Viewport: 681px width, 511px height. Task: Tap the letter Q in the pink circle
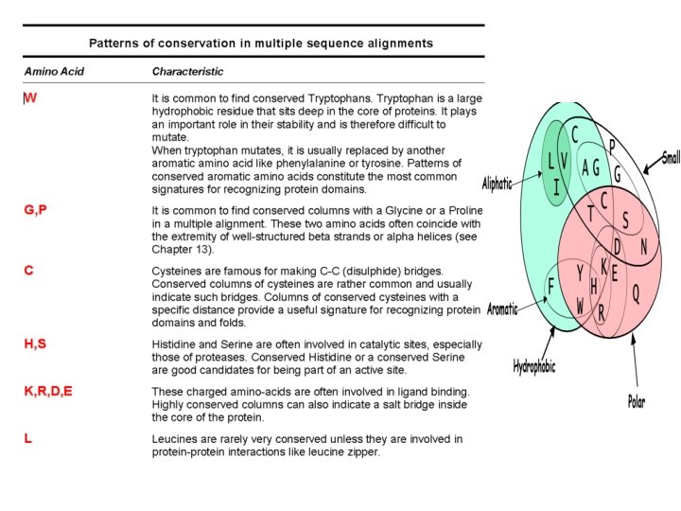click(636, 294)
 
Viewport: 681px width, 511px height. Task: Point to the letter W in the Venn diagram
click(580, 306)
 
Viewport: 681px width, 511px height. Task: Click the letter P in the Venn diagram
click(612, 147)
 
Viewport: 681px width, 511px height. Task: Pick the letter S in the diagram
click(625, 220)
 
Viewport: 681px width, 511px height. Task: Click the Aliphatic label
click(497, 183)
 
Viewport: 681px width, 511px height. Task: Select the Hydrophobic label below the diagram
click(533, 365)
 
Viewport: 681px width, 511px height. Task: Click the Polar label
click(637, 402)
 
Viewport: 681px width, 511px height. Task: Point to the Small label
click(671, 158)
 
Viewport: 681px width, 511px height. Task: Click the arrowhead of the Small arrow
click(645, 170)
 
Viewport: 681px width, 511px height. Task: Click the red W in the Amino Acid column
click(30, 97)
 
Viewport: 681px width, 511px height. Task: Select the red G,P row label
click(35, 209)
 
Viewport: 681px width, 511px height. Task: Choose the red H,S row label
click(35, 344)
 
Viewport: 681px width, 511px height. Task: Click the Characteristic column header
click(187, 71)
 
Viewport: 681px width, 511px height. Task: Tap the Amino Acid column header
click(53, 71)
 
